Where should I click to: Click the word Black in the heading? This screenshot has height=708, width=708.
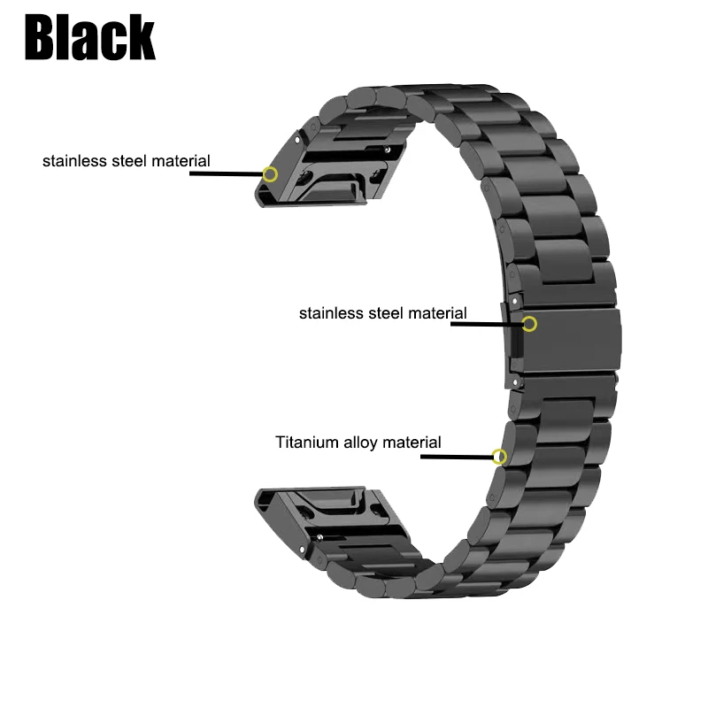click(91, 37)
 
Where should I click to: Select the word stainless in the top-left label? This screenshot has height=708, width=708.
click(72, 161)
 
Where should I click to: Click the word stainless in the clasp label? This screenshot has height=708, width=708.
click(328, 312)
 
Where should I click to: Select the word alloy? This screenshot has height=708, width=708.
click(363, 442)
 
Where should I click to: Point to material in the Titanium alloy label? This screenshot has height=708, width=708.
click(412, 442)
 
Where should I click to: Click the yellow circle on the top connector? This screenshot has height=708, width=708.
click(271, 174)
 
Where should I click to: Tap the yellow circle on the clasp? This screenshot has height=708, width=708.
click(530, 323)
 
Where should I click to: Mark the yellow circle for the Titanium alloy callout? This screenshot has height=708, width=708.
click(500, 457)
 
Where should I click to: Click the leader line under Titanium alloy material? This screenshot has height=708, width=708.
click(456, 457)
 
